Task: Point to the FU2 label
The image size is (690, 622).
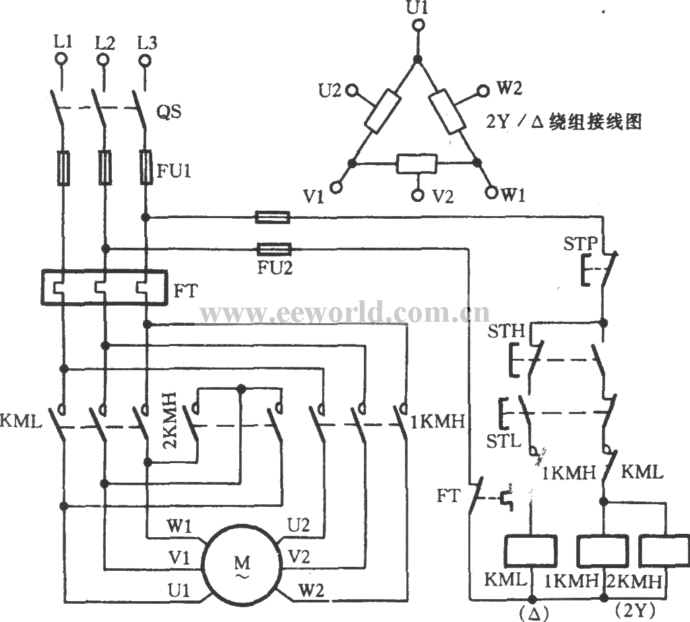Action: pyautogui.click(x=275, y=268)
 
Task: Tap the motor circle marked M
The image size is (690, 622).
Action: pyautogui.click(x=241, y=563)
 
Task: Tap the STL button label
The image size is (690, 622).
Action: pyautogui.click(x=503, y=441)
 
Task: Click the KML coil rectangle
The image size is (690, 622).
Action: pyautogui.click(x=531, y=551)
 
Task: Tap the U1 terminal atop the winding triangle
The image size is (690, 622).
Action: pyautogui.click(x=418, y=26)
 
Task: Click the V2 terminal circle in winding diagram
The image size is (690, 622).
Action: pyautogui.click(x=418, y=195)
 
